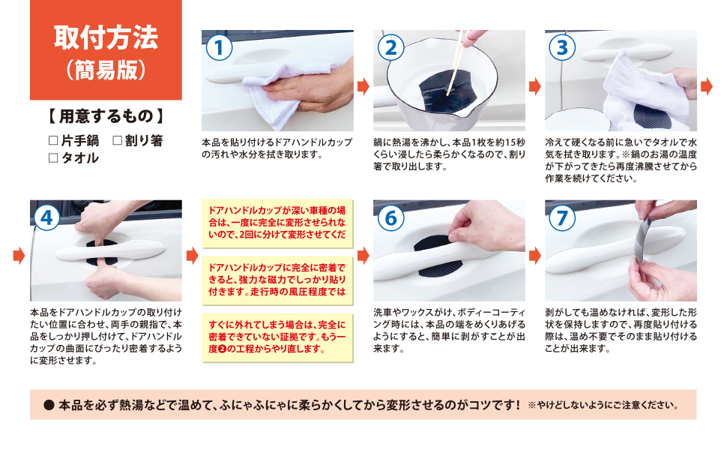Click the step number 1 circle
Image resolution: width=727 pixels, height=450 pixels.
tap(219, 47)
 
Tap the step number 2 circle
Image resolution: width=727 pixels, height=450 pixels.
tap(390, 47)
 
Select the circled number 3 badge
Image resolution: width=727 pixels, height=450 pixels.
tap(562, 47)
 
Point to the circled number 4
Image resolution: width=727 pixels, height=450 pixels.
tap(47, 217)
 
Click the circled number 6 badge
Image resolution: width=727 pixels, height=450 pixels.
tap(390, 217)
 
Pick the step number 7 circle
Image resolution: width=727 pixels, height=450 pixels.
tap(562, 217)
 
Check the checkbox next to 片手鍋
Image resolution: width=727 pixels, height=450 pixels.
tap(52, 140)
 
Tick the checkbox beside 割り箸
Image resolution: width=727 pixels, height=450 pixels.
tap(117, 140)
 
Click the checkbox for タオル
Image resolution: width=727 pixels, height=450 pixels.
tap(52, 157)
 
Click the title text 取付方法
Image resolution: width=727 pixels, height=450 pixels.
tap(106, 37)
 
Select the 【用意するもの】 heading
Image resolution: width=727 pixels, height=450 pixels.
tap(105, 117)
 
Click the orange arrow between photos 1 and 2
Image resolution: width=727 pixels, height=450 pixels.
tap(363, 86)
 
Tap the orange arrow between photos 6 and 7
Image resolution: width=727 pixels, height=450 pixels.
tap(535, 255)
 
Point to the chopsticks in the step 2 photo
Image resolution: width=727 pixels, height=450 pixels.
tap(458, 60)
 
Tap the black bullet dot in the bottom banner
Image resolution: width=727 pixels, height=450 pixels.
tap(49, 405)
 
